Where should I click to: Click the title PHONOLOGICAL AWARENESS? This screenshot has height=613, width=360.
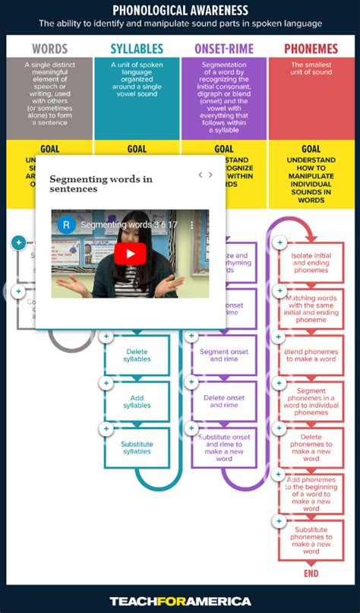click(x=180, y=10)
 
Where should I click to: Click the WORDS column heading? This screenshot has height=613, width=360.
click(x=50, y=49)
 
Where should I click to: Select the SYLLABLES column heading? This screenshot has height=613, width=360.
click(x=137, y=49)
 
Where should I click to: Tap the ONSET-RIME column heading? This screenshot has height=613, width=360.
click(x=224, y=49)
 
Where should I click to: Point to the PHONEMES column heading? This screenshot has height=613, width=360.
click(x=311, y=49)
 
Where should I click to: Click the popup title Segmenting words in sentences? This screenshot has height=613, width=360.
click(x=101, y=184)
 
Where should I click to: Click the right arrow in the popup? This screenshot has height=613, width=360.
click(x=210, y=175)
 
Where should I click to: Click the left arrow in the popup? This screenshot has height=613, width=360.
click(x=201, y=175)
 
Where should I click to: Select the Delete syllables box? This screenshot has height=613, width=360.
click(x=137, y=355)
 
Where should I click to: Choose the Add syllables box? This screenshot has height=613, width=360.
click(x=137, y=401)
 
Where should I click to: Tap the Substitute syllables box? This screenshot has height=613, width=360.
click(x=137, y=448)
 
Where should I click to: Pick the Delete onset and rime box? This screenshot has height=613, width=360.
click(x=224, y=401)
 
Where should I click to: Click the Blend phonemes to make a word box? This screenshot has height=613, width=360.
click(x=311, y=355)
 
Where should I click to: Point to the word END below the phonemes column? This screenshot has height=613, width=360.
click(x=311, y=574)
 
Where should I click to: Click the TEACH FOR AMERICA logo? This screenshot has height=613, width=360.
click(x=180, y=601)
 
